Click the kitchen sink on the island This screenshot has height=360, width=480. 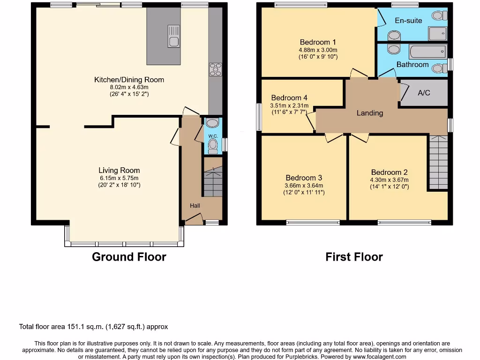click(x=173, y=36)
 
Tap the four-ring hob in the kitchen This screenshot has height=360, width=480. click(x=215, y=69)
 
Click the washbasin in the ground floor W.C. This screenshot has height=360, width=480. click(x=212, y=123)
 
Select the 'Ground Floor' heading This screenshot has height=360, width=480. click(x=129, y=257)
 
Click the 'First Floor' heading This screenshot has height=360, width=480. click(x=354, y=257)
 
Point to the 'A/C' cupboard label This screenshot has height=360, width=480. click(x=424, y=93)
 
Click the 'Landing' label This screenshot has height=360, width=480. click(x=370, y=113)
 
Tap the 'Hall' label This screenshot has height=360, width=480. click(x=195, y=206)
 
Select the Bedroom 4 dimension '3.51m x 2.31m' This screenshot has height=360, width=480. click(x=290, y=105)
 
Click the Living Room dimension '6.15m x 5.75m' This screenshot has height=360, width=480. click(x=119, y=178)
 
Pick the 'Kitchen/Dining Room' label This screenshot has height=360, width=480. click(x=129, y=80)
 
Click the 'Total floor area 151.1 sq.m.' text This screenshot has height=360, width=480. click(x=93, y=327)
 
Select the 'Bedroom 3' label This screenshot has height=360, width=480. click(x=304, y=178)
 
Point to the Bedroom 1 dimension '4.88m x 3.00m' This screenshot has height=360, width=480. click(x=318, y=50)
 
